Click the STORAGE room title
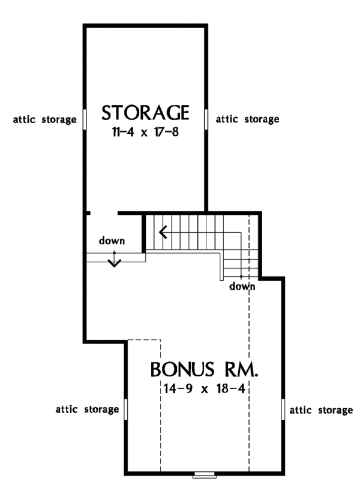pyautogui.click(x=146, y=112)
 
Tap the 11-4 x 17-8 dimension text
pyautogui.click(x=145, y=133)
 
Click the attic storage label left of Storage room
pyautogui.click(x=44, y=119)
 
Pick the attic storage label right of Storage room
pyautogui.click(x=247, y=119)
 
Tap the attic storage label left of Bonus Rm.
pyautogui.click(x=87, y=411)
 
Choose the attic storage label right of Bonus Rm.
pyautogui.click(x=321, y=411)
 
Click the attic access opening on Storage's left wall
pyautogui.click(x=85, y=118)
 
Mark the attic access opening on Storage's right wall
pyautogui.click(x=206, y=118)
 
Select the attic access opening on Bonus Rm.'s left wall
pyautogui.click(x=127, y=409)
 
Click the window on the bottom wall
pyautogui.click(x=204, y=475)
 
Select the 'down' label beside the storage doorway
pyautogui.click(x=112, y=241)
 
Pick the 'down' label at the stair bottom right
pyautogui.click(x=242, y=286)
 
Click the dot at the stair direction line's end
pyautogui.click(x=241, y=277)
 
